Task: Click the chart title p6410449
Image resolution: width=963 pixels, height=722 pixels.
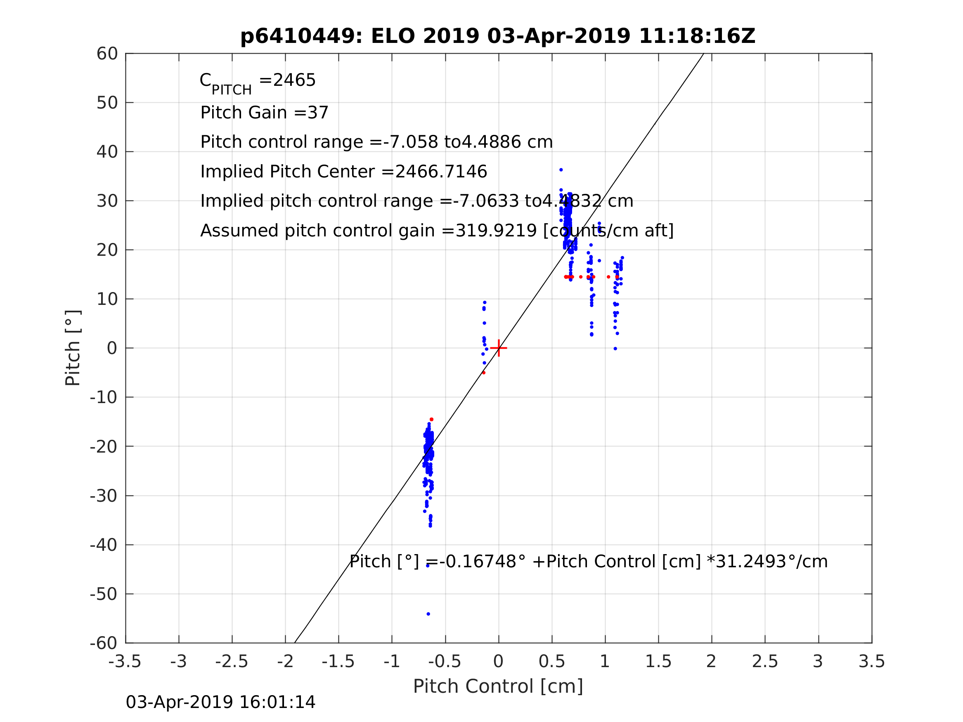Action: coord(498,36)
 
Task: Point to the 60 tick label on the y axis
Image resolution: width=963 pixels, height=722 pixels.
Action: coord(107,54)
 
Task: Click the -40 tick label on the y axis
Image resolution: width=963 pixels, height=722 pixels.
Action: coord(104,545)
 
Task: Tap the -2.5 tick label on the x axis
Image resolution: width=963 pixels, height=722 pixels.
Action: coord(232,661)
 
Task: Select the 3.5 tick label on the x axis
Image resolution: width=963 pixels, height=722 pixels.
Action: coord(872,661)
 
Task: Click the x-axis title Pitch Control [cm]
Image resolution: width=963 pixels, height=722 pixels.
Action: coord(498,687)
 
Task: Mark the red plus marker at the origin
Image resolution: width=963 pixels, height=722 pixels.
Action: coord(499,348)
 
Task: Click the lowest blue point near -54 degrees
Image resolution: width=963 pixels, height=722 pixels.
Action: coord(428,614)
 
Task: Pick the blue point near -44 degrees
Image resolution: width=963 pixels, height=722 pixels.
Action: coord(428,566)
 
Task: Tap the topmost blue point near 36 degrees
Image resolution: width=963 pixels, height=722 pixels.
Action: coord(561,170)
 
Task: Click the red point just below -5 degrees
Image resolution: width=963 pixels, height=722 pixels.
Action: coord(484,373)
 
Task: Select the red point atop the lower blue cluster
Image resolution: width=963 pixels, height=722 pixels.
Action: coord(431,420)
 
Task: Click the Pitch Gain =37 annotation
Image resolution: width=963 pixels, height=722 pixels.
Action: coord(264,113)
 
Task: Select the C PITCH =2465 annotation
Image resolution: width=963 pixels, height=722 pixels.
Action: coord(257,81)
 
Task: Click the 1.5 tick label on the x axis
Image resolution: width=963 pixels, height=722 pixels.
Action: coord(658,661)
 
